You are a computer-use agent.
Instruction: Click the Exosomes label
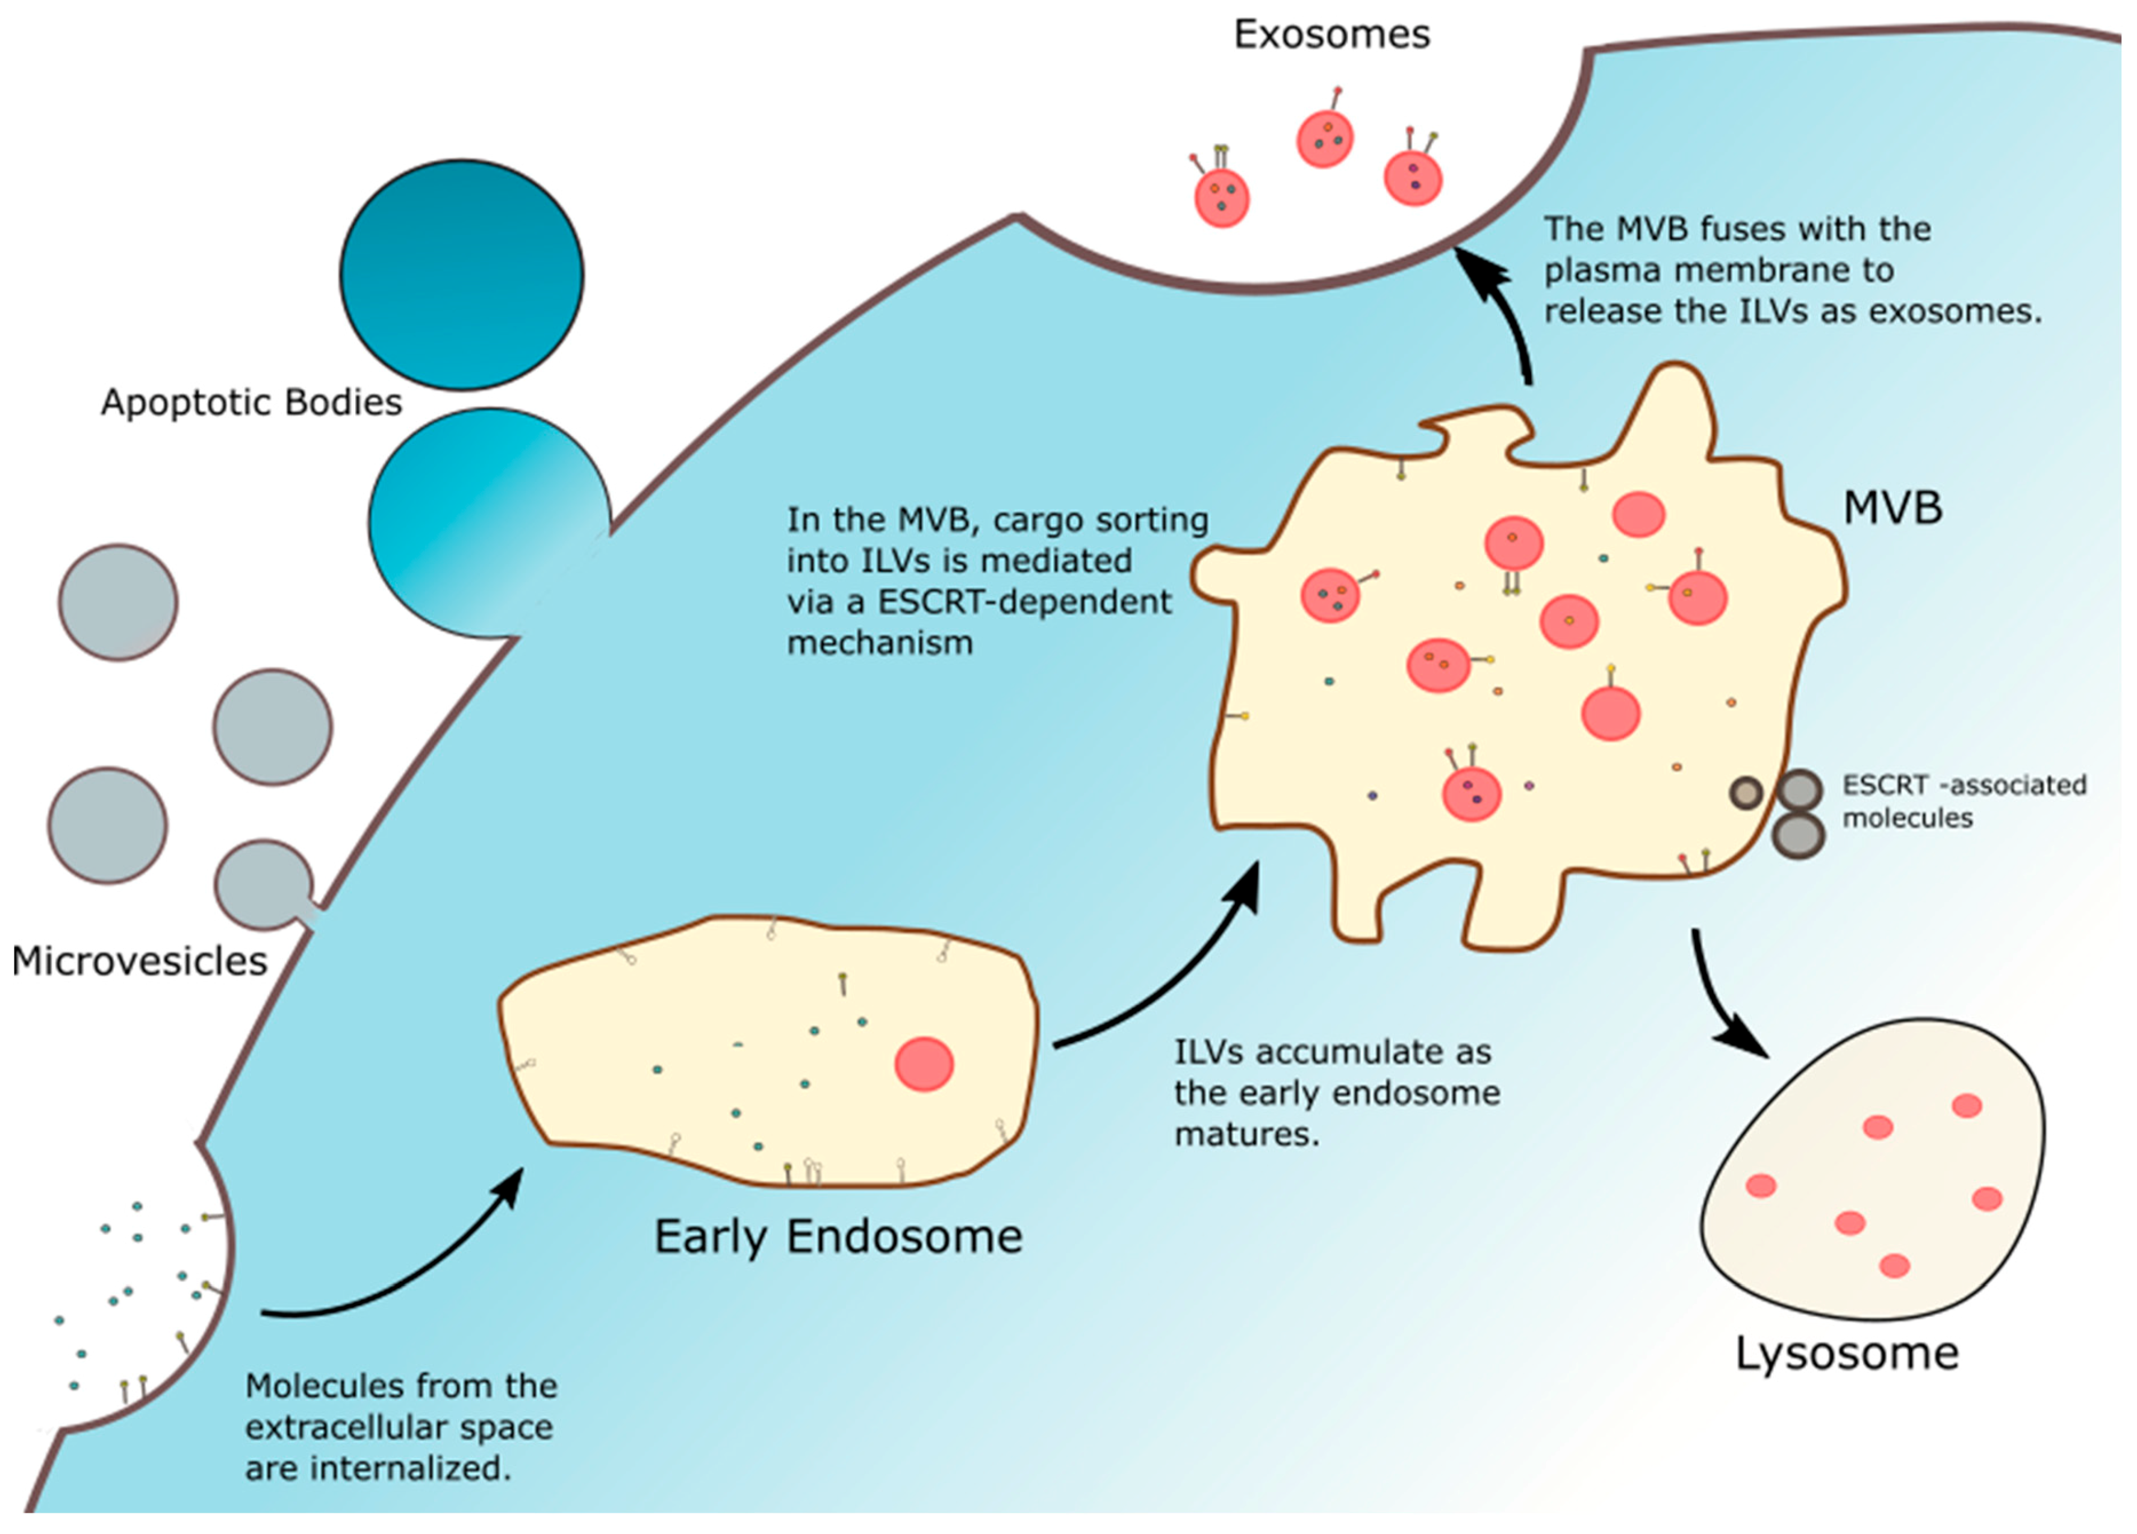point(1331,35)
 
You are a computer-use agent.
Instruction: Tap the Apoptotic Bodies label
point(252,402)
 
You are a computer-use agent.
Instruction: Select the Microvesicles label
point(140,961)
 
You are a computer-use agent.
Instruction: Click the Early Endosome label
point(838,1237)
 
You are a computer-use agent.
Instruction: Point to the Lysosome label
point(1847,1354)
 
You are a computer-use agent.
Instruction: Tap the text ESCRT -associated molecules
point(1964,801)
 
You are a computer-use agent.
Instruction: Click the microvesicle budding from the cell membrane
point(264,884)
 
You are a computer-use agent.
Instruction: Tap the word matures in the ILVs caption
point(1246,1133)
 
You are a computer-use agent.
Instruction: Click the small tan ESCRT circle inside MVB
point(1746,793)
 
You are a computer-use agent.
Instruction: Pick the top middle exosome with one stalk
point(1325,139)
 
